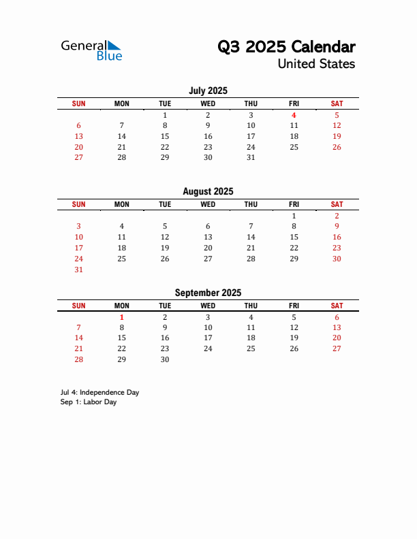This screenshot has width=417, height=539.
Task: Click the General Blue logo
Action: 91,50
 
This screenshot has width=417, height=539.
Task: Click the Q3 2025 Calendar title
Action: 286,47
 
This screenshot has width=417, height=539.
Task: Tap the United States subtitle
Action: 316,64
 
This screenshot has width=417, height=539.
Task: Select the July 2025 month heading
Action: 208,91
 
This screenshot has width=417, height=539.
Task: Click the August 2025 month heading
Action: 208,192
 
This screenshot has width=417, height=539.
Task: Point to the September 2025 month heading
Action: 208,293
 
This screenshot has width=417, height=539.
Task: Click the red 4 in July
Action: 294,115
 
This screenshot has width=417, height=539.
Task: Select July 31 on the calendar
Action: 251,157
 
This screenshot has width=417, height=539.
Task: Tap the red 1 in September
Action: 122,317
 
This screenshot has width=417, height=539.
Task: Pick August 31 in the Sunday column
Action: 79,269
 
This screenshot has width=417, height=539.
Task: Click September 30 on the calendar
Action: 165,359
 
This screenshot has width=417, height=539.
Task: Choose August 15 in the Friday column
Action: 294,237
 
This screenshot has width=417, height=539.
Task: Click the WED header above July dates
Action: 208,103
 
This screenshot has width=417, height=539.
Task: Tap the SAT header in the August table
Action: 337,204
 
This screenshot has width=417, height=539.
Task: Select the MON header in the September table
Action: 122,306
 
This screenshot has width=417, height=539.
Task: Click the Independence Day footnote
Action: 99,393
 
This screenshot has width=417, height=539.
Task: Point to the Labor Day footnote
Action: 89,402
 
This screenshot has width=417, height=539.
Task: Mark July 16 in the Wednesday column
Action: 208,136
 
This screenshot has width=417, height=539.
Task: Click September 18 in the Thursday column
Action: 251,338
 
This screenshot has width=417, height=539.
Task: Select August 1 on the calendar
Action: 294,216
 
